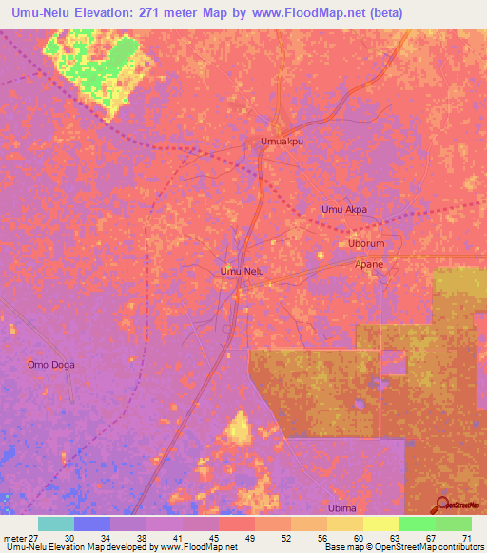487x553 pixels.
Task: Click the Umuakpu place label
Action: coord(282,141)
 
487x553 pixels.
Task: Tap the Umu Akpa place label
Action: coord(344,209)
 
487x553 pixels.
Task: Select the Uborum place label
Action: coord(365,243)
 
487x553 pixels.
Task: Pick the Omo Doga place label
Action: coord(50,364)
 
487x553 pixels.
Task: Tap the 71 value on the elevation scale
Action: coord(466,537)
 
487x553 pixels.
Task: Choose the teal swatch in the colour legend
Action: coord(56,524)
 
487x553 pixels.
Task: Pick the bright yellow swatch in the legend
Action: coord(381,524)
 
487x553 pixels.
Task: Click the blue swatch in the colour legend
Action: coord(92,524)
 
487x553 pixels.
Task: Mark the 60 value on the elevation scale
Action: coord(357,537)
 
